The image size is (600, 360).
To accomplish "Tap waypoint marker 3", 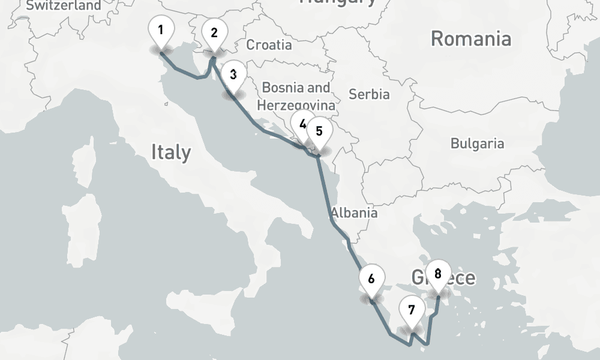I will click(x=233, y=76).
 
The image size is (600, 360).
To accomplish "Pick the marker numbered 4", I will click(x=302, y=125).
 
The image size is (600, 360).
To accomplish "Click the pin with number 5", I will click(x=319, y=131).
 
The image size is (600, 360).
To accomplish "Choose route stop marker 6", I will click(x=371, y=279).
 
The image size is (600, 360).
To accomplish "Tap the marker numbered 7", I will click(x=411, y=311).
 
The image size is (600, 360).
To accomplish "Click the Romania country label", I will click(x=471, y=39).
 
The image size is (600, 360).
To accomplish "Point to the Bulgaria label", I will click(x=478, y=143).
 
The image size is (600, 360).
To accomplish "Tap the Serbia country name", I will click(x=369, y=94).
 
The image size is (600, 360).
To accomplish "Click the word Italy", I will click(x=171, y=152).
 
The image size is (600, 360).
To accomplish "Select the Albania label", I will click(x=354, y=212).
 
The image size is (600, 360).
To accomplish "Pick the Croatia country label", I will click(x=269, y=44).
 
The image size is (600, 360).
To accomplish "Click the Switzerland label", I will click(x=64, y=5).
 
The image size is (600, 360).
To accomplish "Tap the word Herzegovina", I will click(x=296, y=105).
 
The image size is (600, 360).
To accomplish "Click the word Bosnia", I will click(x=280, y=88).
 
